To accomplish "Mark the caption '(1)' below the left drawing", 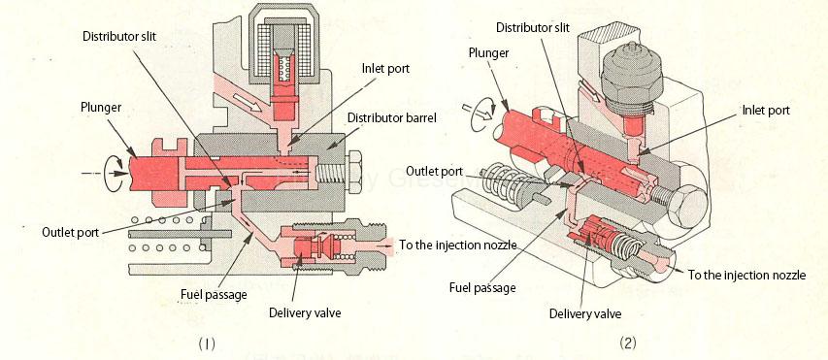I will [x=207, y=342].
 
